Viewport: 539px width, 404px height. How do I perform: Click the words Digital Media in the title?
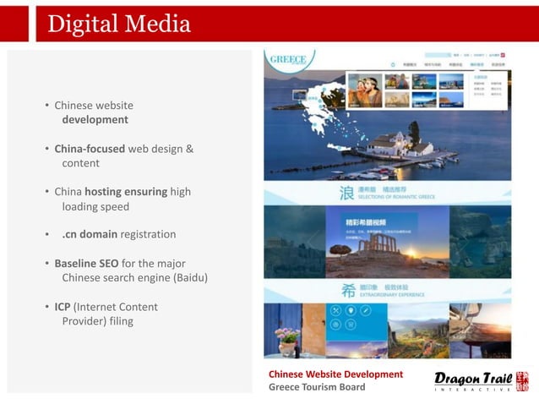tap(119, 24)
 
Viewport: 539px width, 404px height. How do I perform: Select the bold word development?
tap(95, 120)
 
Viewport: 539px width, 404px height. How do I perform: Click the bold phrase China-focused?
tap(90, 149)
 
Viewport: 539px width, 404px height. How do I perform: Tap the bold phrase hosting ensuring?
tap(126, 192)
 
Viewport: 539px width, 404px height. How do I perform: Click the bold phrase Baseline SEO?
tap(86, 264)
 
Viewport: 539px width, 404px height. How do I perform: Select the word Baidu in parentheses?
tap(188, 278)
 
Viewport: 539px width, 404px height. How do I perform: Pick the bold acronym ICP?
tap(63, 307)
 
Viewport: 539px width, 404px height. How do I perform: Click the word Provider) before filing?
tap(87, 321)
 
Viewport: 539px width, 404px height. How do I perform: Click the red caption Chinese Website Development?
tap(335, 374)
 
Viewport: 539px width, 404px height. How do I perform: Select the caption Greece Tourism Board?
tap(317, 387)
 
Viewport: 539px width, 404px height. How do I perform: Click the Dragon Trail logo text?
tap(472, 378)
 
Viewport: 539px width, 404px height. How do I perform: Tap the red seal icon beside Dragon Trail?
tap(522, 381)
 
